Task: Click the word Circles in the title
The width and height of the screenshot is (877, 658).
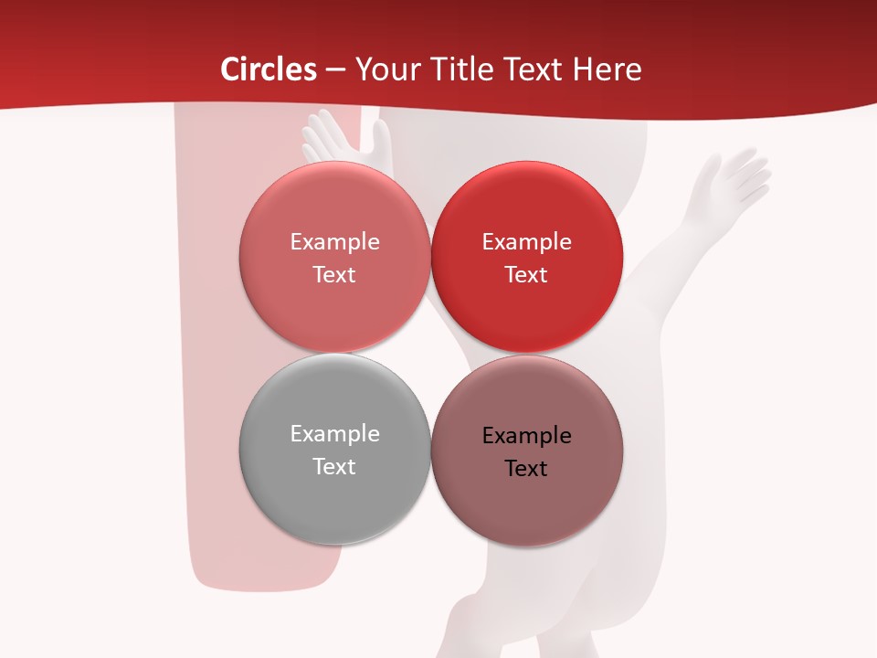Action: [x=268, y=69]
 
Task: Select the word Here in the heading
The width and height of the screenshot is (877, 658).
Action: [x=607, y=69]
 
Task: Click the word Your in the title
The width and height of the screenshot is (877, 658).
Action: [x=386, y=69]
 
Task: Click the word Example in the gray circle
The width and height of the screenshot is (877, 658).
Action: [x=334, y=434]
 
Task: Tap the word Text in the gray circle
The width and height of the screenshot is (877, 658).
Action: [x=334, y=466]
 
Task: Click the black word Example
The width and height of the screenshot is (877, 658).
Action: [x=526, y=436]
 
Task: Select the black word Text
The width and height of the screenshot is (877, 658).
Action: [x=526, y=469]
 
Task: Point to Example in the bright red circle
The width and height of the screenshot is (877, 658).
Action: [x=526, y=242]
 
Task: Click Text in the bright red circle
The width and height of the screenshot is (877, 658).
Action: [x=526, y=275]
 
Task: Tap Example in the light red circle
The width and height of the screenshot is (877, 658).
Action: [x=334, y=242]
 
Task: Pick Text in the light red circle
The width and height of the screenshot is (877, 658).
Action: [x=334, y=275]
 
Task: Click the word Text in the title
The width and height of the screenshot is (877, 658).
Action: [x=533, y=69]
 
